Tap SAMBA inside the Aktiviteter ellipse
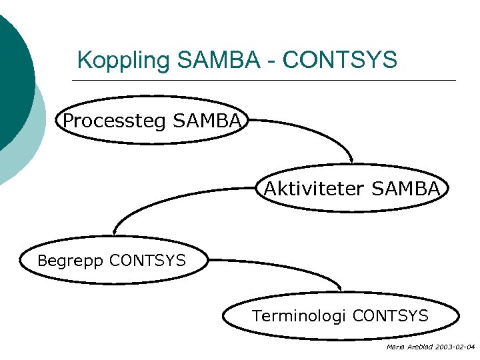coord(406,189)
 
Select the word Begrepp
coord(71,260)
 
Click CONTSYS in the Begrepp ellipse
coord(147,260)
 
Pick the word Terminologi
coord(299,315)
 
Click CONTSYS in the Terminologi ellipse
coord(390,315)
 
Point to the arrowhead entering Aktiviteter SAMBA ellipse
coord(352,160)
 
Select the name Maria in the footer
coord(394,347)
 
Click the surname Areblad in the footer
coord(418,347)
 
